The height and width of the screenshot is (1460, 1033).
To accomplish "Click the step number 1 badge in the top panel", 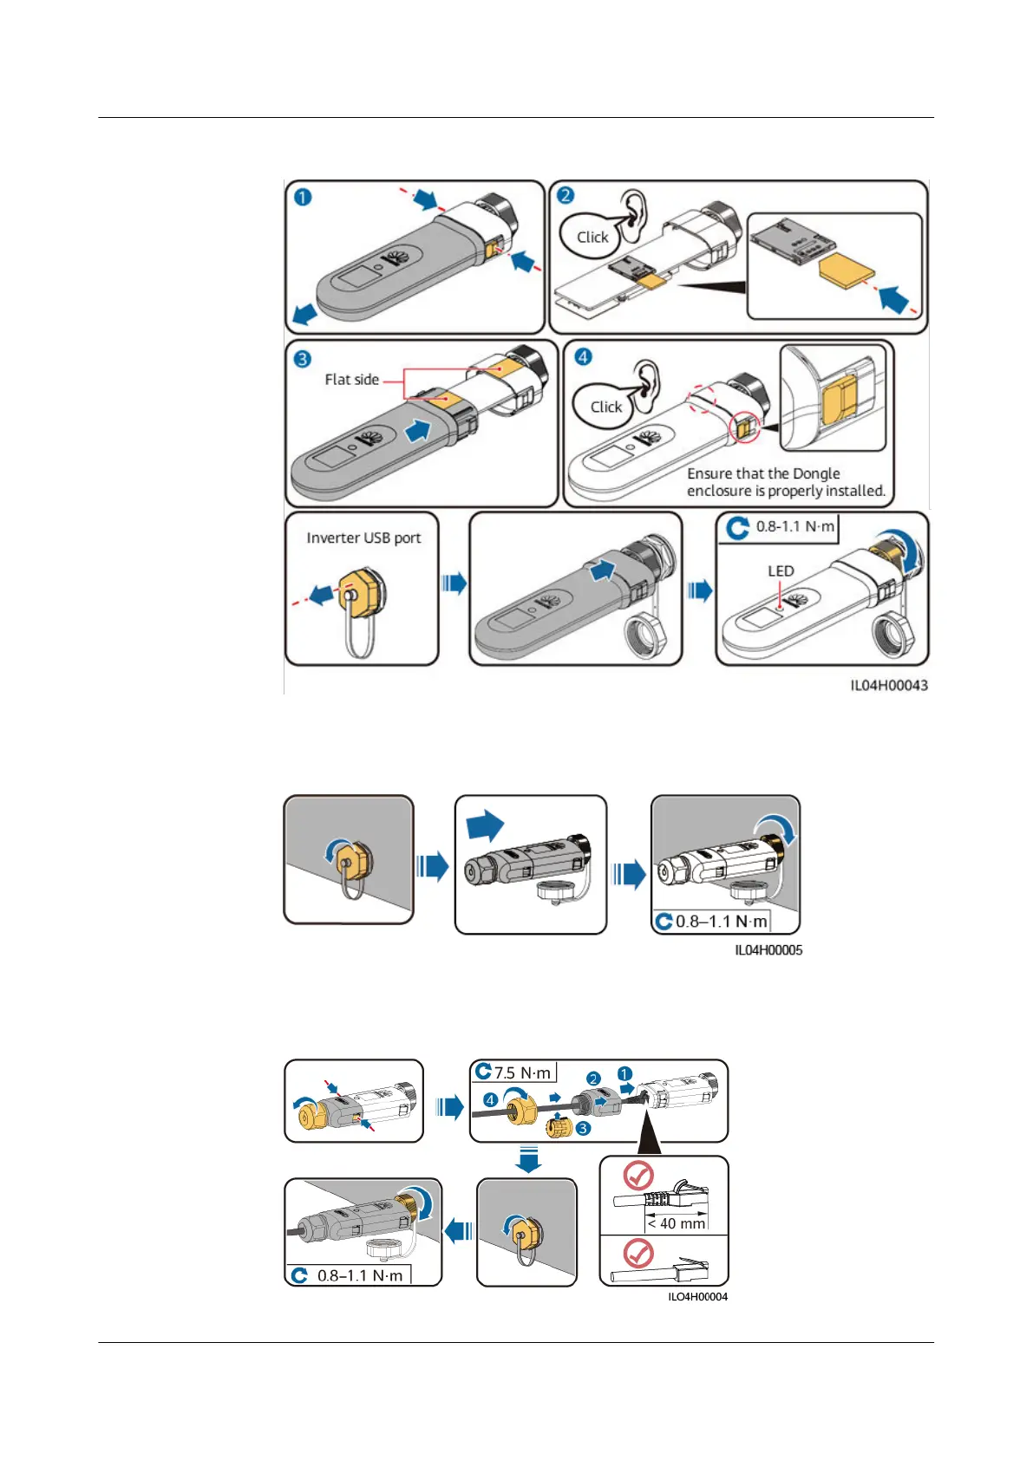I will click(302, 198).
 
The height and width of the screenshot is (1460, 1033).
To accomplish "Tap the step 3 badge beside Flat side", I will click(302, 358).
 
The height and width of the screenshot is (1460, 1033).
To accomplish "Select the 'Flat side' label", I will click(351, 380).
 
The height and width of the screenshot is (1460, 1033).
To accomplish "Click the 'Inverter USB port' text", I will click(363, 538).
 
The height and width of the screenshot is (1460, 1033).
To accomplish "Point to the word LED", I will click(781, 571).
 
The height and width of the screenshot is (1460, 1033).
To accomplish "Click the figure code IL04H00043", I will click(888, 686).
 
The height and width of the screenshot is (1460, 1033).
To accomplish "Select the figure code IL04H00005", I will click(768, 950).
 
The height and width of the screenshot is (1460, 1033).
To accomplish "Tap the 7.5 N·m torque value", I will click(522, 1073).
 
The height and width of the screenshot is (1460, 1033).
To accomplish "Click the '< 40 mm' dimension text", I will click(677, 1224).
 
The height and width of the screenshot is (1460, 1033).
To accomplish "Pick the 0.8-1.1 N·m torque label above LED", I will click(794, 526).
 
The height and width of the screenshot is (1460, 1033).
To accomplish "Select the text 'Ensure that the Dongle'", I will click(763, 473).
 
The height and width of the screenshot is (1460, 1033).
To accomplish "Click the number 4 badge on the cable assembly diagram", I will click(490, 1100).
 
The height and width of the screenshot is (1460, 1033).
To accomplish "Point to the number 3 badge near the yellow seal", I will click(583, 1129).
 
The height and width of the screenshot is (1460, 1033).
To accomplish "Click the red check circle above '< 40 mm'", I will click(639, 1176).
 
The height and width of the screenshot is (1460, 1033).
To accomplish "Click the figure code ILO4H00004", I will click(697, 1297).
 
